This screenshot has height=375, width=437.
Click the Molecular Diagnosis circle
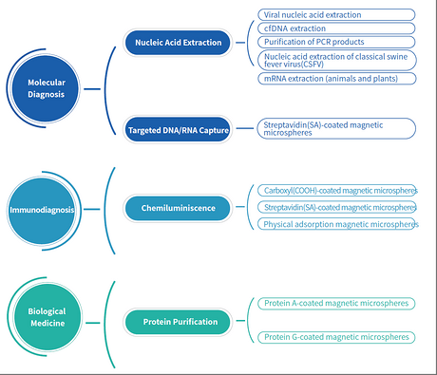[46, 88]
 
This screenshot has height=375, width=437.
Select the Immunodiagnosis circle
[41, 211]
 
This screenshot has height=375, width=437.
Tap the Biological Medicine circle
[47, 317]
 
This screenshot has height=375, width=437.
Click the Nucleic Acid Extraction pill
[178, 43]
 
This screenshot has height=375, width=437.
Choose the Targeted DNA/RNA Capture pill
[178, 130]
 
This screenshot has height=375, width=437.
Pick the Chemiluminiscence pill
[178, 208]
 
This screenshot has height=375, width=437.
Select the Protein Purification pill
[178, 322]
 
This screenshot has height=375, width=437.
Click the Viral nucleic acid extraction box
[336, 15]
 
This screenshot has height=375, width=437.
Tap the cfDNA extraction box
[336, 28]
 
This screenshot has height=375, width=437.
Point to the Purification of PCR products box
[336, 42]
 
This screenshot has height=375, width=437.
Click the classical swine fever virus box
[337, 60]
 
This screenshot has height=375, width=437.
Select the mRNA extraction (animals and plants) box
[337, 79]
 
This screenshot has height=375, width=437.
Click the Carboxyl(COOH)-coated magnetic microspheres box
[337, 191]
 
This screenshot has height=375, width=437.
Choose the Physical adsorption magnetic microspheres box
[337, 224]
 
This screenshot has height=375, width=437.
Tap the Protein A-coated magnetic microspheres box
[336, 303]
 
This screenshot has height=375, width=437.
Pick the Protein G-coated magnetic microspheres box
[336, 337]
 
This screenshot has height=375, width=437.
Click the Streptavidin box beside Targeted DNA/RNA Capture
[336, 128]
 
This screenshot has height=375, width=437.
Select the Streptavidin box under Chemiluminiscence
[337, 207]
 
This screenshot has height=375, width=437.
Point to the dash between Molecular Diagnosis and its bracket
[92, 89]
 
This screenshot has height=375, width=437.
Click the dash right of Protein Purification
[240, 321]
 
